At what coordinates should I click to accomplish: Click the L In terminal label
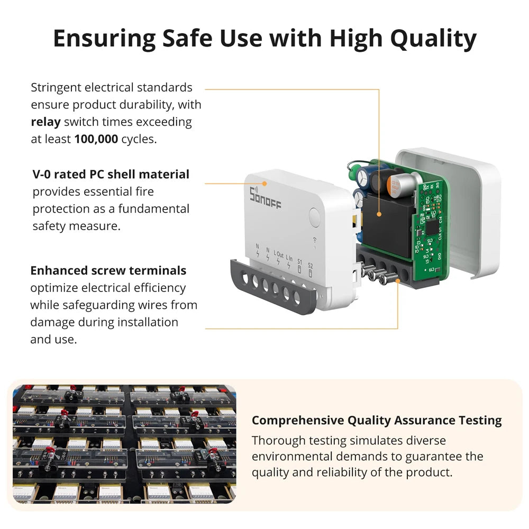point(289,258)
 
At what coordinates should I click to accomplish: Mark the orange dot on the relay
point(379,214)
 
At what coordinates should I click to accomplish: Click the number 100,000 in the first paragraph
point(96,139)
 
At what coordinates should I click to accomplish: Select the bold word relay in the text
point(46,122)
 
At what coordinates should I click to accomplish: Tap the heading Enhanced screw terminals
point(108,270)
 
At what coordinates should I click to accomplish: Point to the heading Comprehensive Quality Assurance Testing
point(377,421)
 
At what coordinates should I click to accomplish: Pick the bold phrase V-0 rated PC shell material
point(111,174)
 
